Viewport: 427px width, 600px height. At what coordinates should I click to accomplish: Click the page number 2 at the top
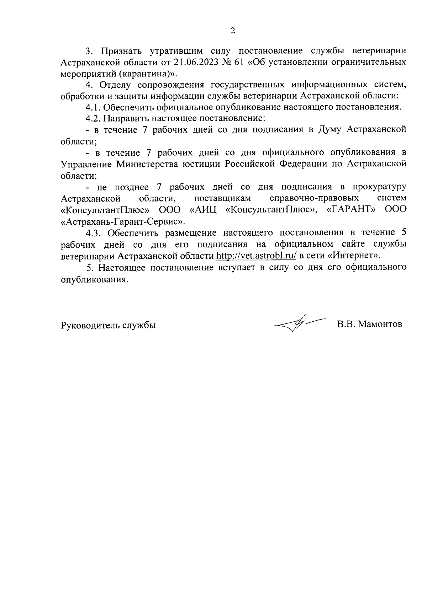tap(233, 31)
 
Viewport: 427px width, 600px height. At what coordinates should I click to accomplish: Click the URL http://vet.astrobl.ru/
tap(256, 256)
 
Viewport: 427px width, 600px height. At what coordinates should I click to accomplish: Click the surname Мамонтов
tap(380, 324)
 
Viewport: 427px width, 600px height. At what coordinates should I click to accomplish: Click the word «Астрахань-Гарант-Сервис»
tap(123, 221)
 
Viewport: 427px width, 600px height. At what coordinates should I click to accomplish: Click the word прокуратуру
tap(380, 187)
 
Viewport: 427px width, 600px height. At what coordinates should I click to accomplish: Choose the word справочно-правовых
tap(314, 198)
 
